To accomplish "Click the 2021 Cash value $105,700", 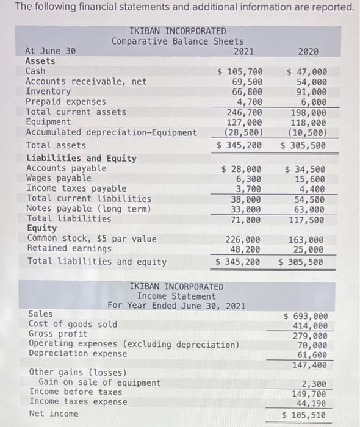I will pos(240,71).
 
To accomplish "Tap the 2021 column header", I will pos(244,51).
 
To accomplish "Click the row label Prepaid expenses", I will pos(65,102).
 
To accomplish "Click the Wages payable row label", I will pos(59,178).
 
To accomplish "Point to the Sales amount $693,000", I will pos(306,316).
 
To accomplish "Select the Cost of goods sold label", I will pos(73,324).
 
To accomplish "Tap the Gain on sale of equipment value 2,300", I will pos(314,384).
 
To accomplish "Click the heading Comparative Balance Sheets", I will pos(178,41).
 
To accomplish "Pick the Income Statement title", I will pos(176,296).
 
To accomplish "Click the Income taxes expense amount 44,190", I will pos(311,403).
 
